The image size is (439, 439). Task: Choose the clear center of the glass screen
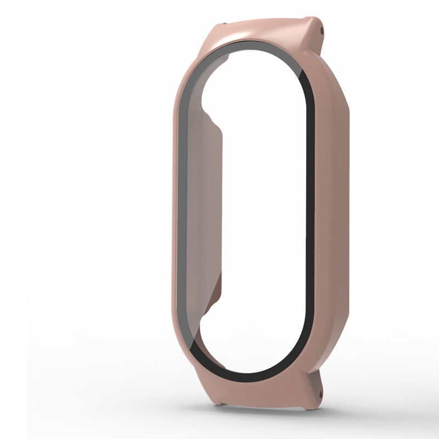pos(258,219)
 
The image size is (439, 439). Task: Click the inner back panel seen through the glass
pos(203,219)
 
